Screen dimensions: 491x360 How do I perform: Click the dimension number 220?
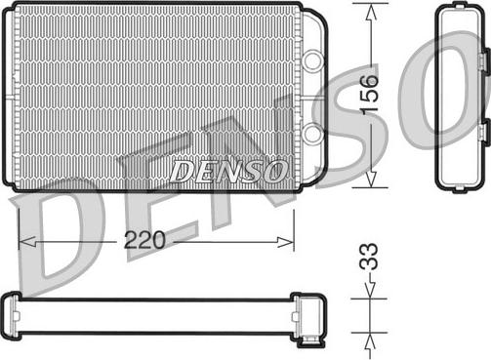144,240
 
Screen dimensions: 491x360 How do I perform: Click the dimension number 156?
371,94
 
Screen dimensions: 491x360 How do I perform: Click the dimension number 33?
369,257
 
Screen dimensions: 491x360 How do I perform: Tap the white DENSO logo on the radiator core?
228,172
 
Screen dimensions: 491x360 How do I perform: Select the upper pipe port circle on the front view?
312,60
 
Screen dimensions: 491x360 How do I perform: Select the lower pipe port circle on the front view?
312,133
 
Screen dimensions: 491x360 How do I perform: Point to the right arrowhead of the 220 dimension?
285,242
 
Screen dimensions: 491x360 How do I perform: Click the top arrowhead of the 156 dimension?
371,12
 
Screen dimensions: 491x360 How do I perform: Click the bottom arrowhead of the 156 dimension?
371,180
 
